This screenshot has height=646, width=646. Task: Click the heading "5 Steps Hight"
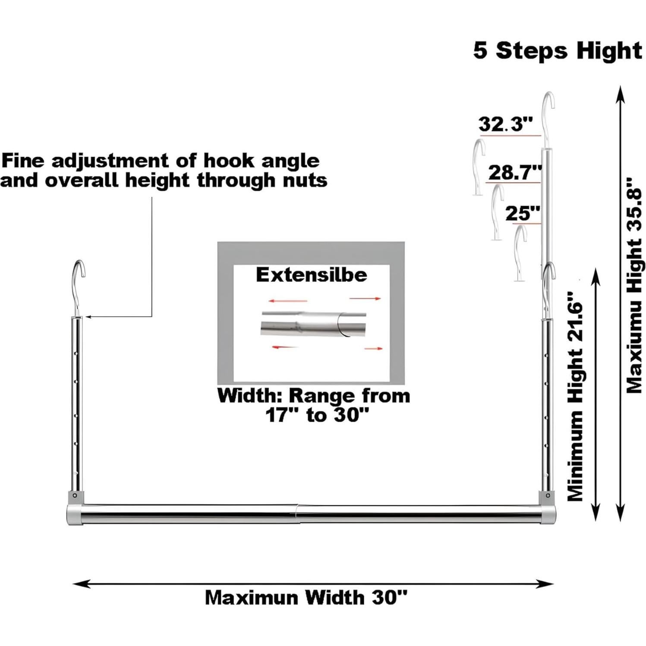tap(558, 51)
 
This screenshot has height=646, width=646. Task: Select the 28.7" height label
tap(515, 173)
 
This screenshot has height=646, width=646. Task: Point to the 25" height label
tap(523, 213)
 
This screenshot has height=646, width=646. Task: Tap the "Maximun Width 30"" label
tap(306, 598)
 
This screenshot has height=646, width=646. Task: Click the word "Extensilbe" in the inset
tap(311, 274)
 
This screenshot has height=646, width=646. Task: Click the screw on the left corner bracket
tap(75, 495)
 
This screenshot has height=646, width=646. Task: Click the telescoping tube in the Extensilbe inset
tap(313, 323)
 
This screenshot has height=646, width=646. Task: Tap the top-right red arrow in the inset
tap(365, 298)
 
